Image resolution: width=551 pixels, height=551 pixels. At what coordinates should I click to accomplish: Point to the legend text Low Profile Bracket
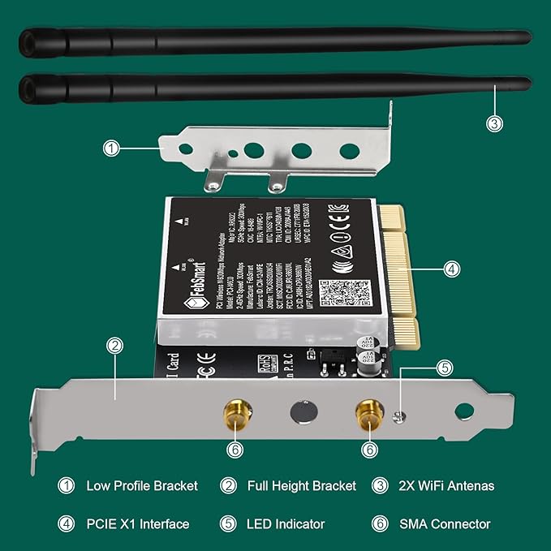pyautogui.click(x=142, y=486)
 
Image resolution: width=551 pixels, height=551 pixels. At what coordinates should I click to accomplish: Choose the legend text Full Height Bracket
pyautogui.click(x=300, y=486)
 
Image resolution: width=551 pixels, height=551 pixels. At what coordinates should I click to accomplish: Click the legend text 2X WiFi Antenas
pyautogui.click(x=447, y=486)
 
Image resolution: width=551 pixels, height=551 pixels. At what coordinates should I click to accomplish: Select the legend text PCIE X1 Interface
pyautogui.click(x=138, y=524)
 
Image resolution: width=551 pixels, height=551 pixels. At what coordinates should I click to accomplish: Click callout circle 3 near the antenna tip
pyautogui.click(x=494, y=123)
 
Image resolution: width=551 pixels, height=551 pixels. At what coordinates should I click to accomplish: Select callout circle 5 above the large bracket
pyautogui.click(x=443, y=367)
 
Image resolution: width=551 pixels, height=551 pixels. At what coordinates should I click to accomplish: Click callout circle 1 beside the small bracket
pyautogui.click(x=112, y=148)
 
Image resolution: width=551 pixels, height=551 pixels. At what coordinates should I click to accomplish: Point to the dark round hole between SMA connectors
pyautogui.click(x=301, y=410)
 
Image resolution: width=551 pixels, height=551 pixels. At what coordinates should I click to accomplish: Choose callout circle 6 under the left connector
pyautogui.click(x=235, y=448)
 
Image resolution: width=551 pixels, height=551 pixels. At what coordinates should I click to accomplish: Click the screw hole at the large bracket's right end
pyautogui.click(x=463, y=411)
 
